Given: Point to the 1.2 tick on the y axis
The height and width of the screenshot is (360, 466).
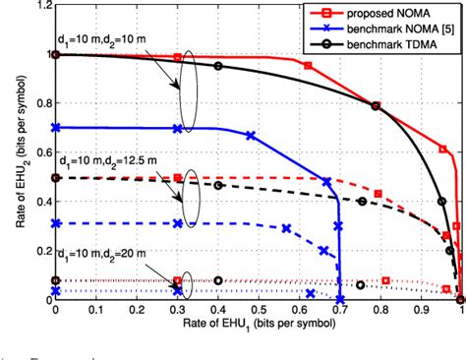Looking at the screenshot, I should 39,6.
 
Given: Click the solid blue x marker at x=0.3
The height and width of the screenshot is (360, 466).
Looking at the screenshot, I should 177,128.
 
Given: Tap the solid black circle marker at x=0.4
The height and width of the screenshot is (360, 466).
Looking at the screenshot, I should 218,67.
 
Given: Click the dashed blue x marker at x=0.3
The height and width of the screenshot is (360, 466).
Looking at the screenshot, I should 177,223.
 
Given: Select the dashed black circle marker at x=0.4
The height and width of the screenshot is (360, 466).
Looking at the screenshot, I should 218,185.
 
